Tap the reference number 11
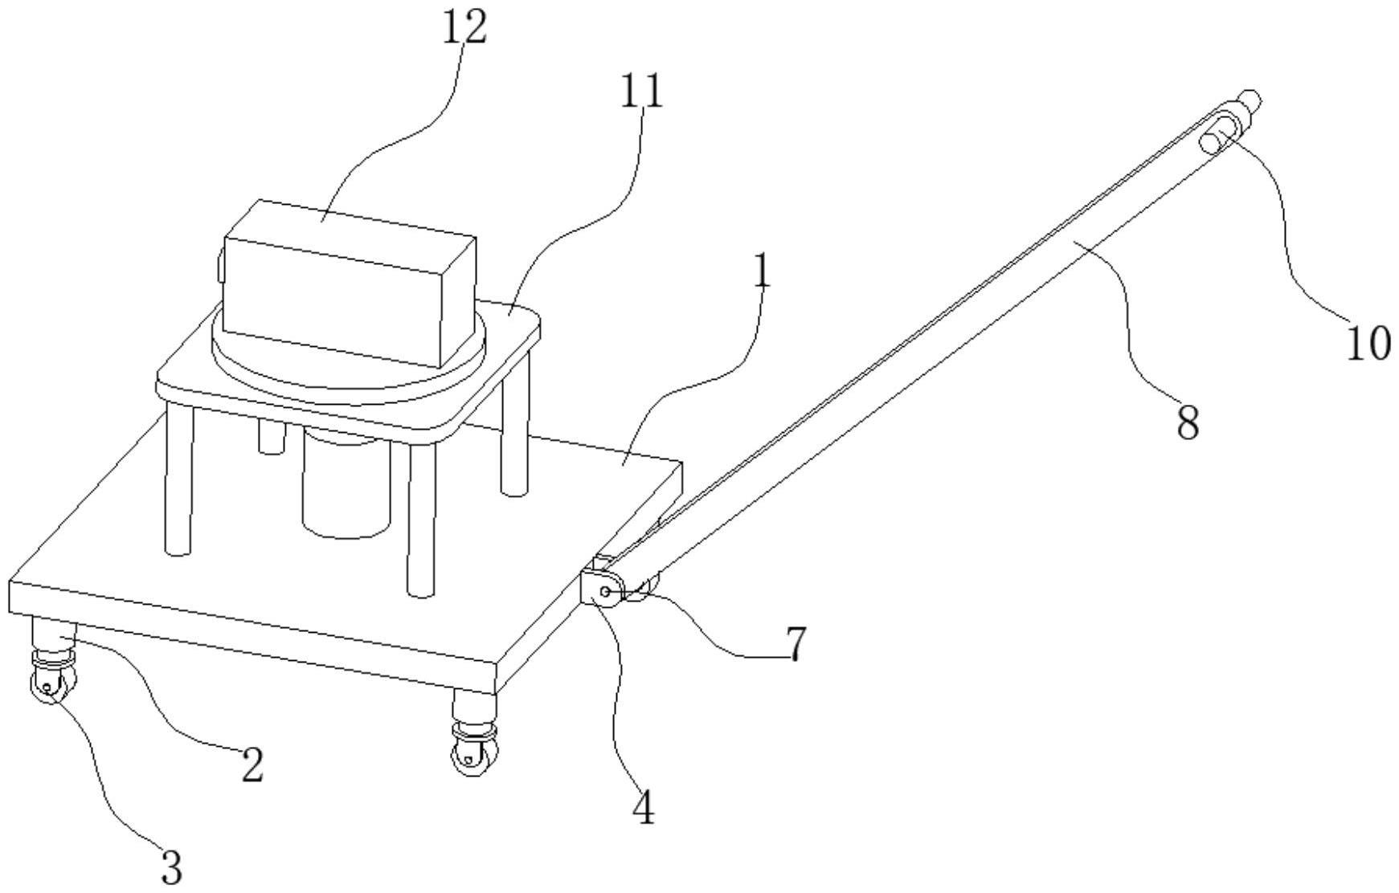(x=642, y=91)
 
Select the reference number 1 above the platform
(x=762, y=274)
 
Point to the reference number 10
(x=1368, y=344)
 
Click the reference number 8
(x=1188, y=422)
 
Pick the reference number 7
(x=795, y=644)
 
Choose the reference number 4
(x=644, y=808)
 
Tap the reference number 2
(x=252, y=765)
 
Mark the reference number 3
(x=171, y=867)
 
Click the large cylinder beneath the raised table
(x=346, y=482)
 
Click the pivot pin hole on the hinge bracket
(x=604, y=593)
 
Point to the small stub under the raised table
(x=272, y=434)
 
